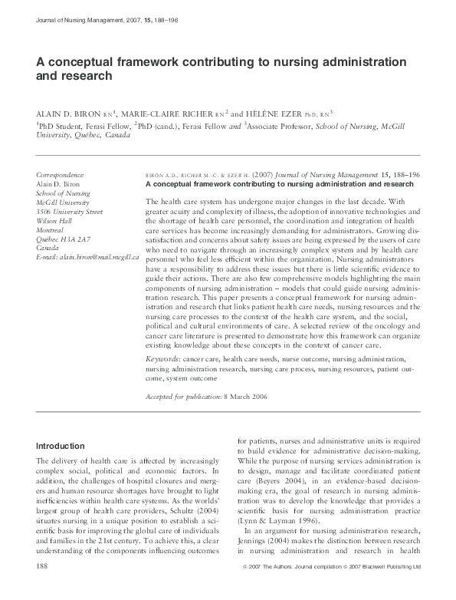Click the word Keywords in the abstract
pos(165,358)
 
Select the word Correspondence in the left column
pos(61,175)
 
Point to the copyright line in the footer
pos(341,587)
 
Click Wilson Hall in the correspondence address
pos(54,219)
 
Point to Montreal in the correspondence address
pos(50,229)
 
